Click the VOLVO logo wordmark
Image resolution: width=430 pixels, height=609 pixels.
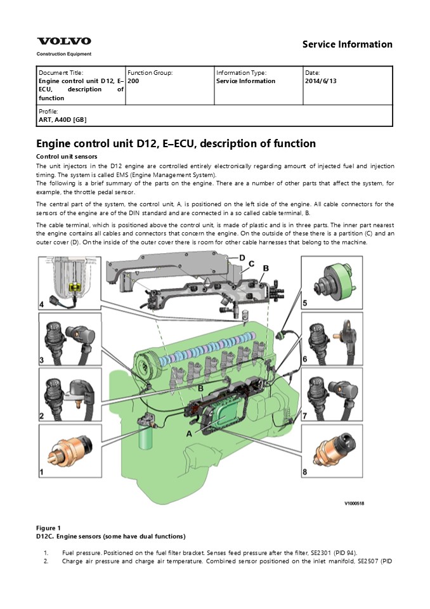[63, 41]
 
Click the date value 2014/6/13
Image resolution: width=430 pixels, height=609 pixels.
[320, 81]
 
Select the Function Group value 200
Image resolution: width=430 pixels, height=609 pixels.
[133, 81]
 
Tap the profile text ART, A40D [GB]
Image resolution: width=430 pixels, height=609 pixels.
[63, 119]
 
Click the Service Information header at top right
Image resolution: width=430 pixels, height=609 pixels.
[347, 44]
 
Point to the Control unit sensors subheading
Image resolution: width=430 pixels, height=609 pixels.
[66, 156]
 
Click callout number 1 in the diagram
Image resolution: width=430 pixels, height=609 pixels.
[42, 471]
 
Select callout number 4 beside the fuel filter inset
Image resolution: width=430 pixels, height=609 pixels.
[42, 305]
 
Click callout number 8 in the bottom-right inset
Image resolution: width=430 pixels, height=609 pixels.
[305, 471]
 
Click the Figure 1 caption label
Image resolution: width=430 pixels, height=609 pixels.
[49, 528]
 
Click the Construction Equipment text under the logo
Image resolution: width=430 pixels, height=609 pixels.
[63, 54]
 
